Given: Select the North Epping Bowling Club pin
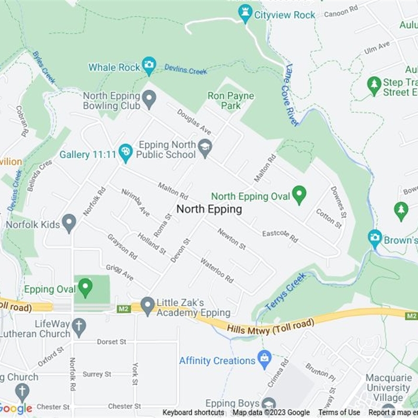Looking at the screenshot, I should coord(149,99).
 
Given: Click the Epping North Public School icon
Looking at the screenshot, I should coord(205,148).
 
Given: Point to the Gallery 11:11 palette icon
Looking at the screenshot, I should coord(125,153).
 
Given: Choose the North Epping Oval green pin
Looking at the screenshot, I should coord(299,194).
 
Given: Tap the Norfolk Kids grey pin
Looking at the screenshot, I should coord(69,223).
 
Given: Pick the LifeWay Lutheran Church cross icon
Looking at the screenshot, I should coord(79,328).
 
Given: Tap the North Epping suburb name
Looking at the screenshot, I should coord(209,209).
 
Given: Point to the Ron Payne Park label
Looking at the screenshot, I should coord(230,101).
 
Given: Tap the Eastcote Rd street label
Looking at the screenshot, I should coord(280,236).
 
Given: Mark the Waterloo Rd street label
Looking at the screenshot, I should coord(217,270).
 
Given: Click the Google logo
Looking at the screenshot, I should coord(16,408).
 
